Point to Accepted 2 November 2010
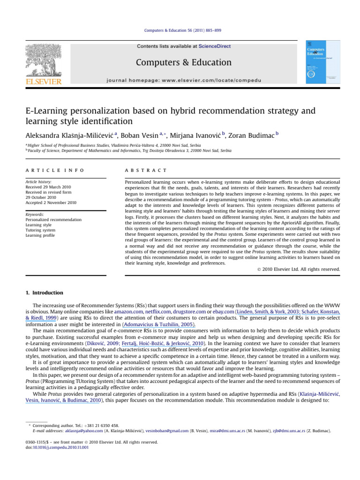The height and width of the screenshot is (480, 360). pyautogui.click(x=51, y=202)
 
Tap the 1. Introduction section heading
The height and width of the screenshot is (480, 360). pyautogui.click(x=44, y=293)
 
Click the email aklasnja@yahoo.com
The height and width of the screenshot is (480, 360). pyautogui.click(x=75, y=431)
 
